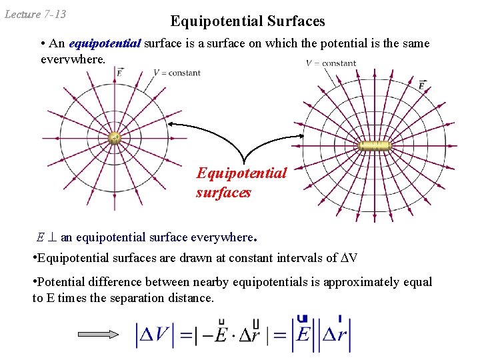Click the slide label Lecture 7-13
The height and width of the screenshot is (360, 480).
(35, 14)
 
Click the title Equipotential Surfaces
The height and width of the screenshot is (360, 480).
(247, 21)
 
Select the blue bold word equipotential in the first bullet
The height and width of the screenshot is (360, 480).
(105, 44)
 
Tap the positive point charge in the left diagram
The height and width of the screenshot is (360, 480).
(115, 138)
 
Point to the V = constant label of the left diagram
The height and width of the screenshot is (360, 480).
(177, 73)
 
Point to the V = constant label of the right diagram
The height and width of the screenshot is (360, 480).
(331, 63)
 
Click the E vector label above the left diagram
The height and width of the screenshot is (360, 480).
(120, 72)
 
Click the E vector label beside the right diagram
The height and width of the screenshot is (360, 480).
(422, 85)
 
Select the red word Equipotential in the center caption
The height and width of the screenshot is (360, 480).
(241, 173)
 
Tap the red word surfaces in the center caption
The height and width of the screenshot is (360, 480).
(224, 193)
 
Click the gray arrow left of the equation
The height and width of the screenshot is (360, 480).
(98, 335)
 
